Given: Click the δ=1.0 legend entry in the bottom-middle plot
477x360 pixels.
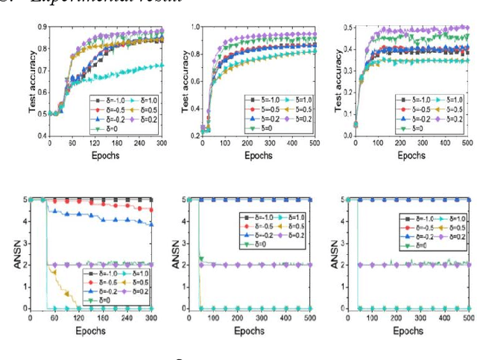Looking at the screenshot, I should coord(296,217).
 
